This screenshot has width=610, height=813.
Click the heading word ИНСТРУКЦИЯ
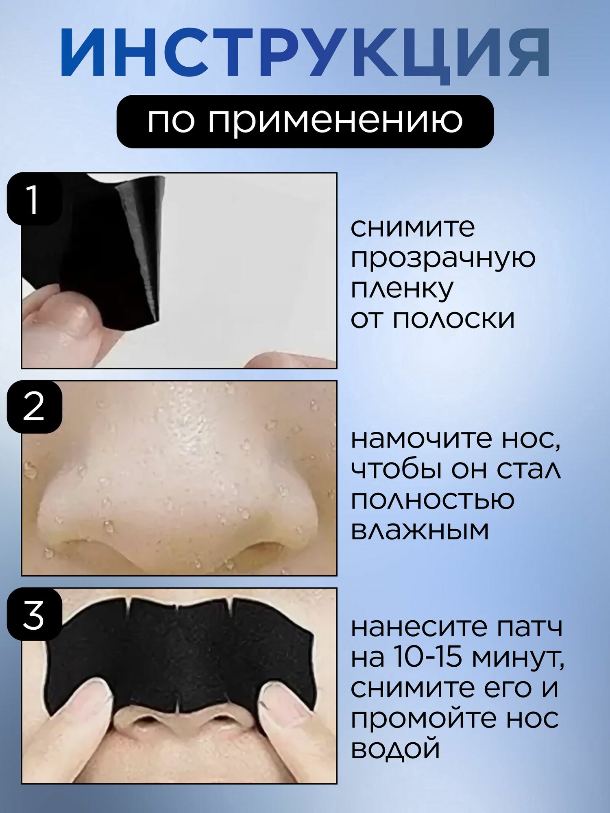(x=305, y=53)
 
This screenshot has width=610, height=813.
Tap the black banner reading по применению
(x=305, y=121)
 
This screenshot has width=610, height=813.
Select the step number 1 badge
(x=34, y=199)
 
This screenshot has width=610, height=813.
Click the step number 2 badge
(x=34, y=406)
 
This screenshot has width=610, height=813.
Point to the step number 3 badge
(x=34, y=614)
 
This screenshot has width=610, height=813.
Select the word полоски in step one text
(x=454, y=319)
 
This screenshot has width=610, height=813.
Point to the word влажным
(x=420, y=530)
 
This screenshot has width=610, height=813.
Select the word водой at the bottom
(x=395, y=749)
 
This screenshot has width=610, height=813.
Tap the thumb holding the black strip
(x=61, y=321)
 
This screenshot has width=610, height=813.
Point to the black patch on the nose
(x=179, y=654)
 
